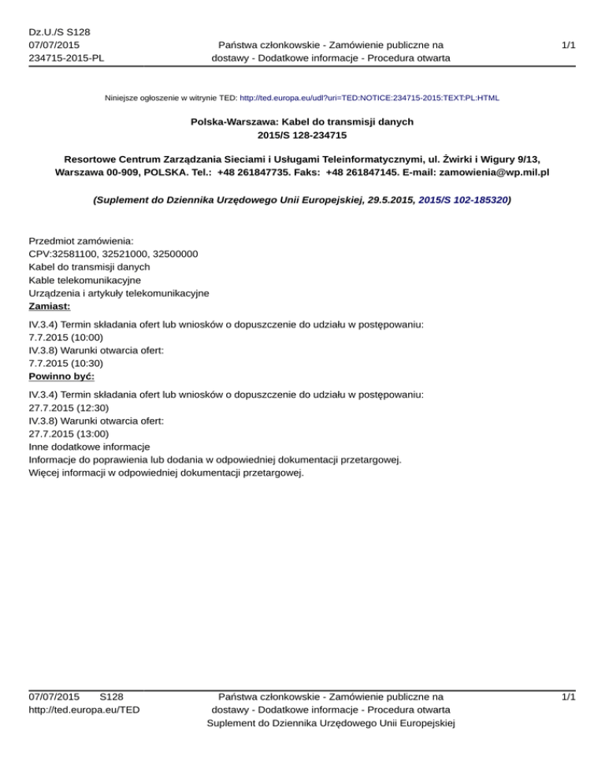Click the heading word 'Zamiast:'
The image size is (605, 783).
pyautogui.click(x=50, y=306)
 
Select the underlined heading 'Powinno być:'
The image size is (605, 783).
pyautogui.click(x=61, y=377)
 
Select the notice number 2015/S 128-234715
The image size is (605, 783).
pyautogui.click(x=302, y=136)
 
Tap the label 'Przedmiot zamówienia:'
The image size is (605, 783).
pyautogui.click(x=81, y=240)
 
